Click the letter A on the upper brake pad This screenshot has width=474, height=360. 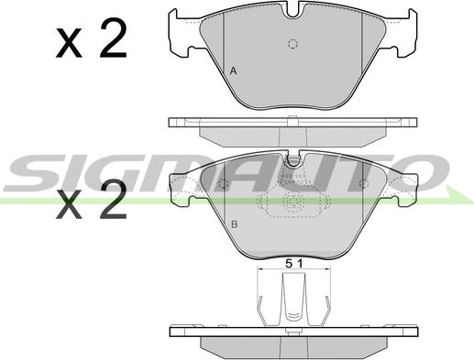[x=233, y=71]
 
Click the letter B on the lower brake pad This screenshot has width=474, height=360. [x=235, y=224]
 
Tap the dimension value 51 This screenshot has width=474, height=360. [x=294, y=263]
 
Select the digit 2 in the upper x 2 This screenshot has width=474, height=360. [x=114, y=38]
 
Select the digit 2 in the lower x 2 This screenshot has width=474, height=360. [x=114, y=199]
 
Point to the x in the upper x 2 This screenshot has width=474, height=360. [x=69, y=43]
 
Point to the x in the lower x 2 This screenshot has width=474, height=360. [x=69, y=204]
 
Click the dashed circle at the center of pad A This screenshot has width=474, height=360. [x=292, y=45]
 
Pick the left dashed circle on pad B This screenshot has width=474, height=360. [x=224, y=183]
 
